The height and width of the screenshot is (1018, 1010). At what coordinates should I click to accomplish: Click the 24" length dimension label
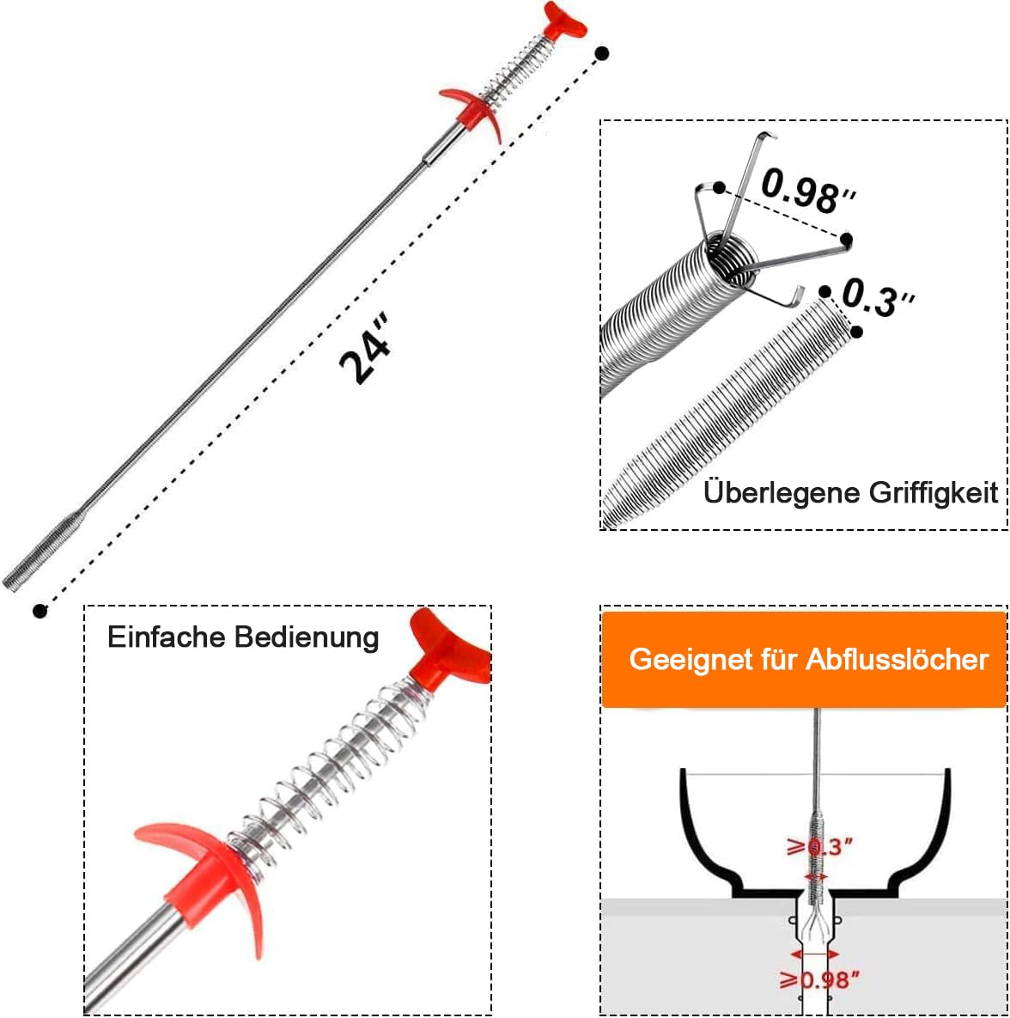pos(366,349)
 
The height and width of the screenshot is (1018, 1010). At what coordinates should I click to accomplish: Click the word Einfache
pos(167,637)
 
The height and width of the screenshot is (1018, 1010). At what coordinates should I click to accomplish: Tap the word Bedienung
pos(307,637)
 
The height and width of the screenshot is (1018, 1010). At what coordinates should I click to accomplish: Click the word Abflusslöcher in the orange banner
pos(897,659)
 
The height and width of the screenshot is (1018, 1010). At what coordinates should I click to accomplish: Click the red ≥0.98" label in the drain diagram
pos(819,978)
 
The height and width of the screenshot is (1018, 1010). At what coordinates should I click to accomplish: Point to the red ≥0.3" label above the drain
pos(820,847)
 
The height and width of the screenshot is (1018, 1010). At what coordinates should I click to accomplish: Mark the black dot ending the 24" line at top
pos(602,53)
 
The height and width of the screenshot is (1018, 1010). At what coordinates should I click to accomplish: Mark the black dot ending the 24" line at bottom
pos(40,611)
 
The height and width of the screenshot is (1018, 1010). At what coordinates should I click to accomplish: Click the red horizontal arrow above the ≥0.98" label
pos(815,954)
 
